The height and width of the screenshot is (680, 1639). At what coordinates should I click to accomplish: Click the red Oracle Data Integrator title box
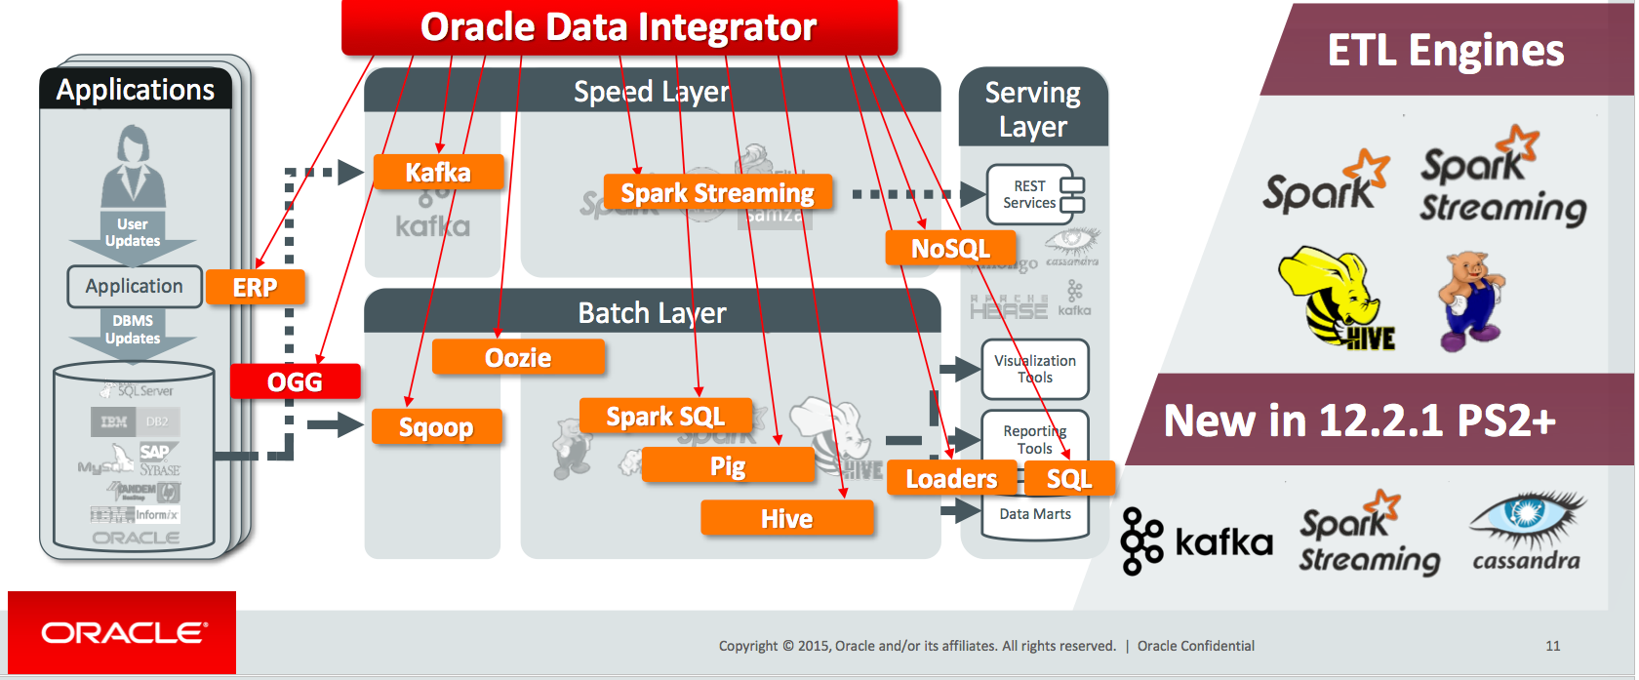(x=619, y=27)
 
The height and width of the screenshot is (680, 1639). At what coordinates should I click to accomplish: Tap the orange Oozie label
(x=518, y=358)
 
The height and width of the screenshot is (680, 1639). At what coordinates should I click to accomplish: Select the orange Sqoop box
(x=436, y=427)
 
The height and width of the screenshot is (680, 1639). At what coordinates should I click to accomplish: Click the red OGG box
(x=295, y=381)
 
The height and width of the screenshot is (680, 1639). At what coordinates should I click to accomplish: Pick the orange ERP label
(x=255, y=288)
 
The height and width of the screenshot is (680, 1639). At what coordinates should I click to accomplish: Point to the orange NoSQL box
(x=950, y=249)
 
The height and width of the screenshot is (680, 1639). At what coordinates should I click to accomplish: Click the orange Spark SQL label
(x=665, y=417)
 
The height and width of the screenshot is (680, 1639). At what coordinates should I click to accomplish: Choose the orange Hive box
(x=786, y=518)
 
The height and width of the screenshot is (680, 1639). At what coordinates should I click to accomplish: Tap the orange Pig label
(x=728, y=466)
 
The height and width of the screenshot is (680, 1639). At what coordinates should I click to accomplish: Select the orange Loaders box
(x=951, y=479)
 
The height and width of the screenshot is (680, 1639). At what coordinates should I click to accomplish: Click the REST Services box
(x=1034, y=194)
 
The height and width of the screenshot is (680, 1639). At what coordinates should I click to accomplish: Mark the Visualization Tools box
(x=1034, y=369)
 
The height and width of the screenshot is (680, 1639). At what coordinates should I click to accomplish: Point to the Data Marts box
(x=1034, y=515)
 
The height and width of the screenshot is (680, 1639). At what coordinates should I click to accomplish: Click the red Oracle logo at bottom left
(x=122, y=633)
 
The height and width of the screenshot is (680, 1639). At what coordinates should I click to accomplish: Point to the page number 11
(x=1552, y=646)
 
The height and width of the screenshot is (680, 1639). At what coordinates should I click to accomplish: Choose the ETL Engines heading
(x=1445, y=51)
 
